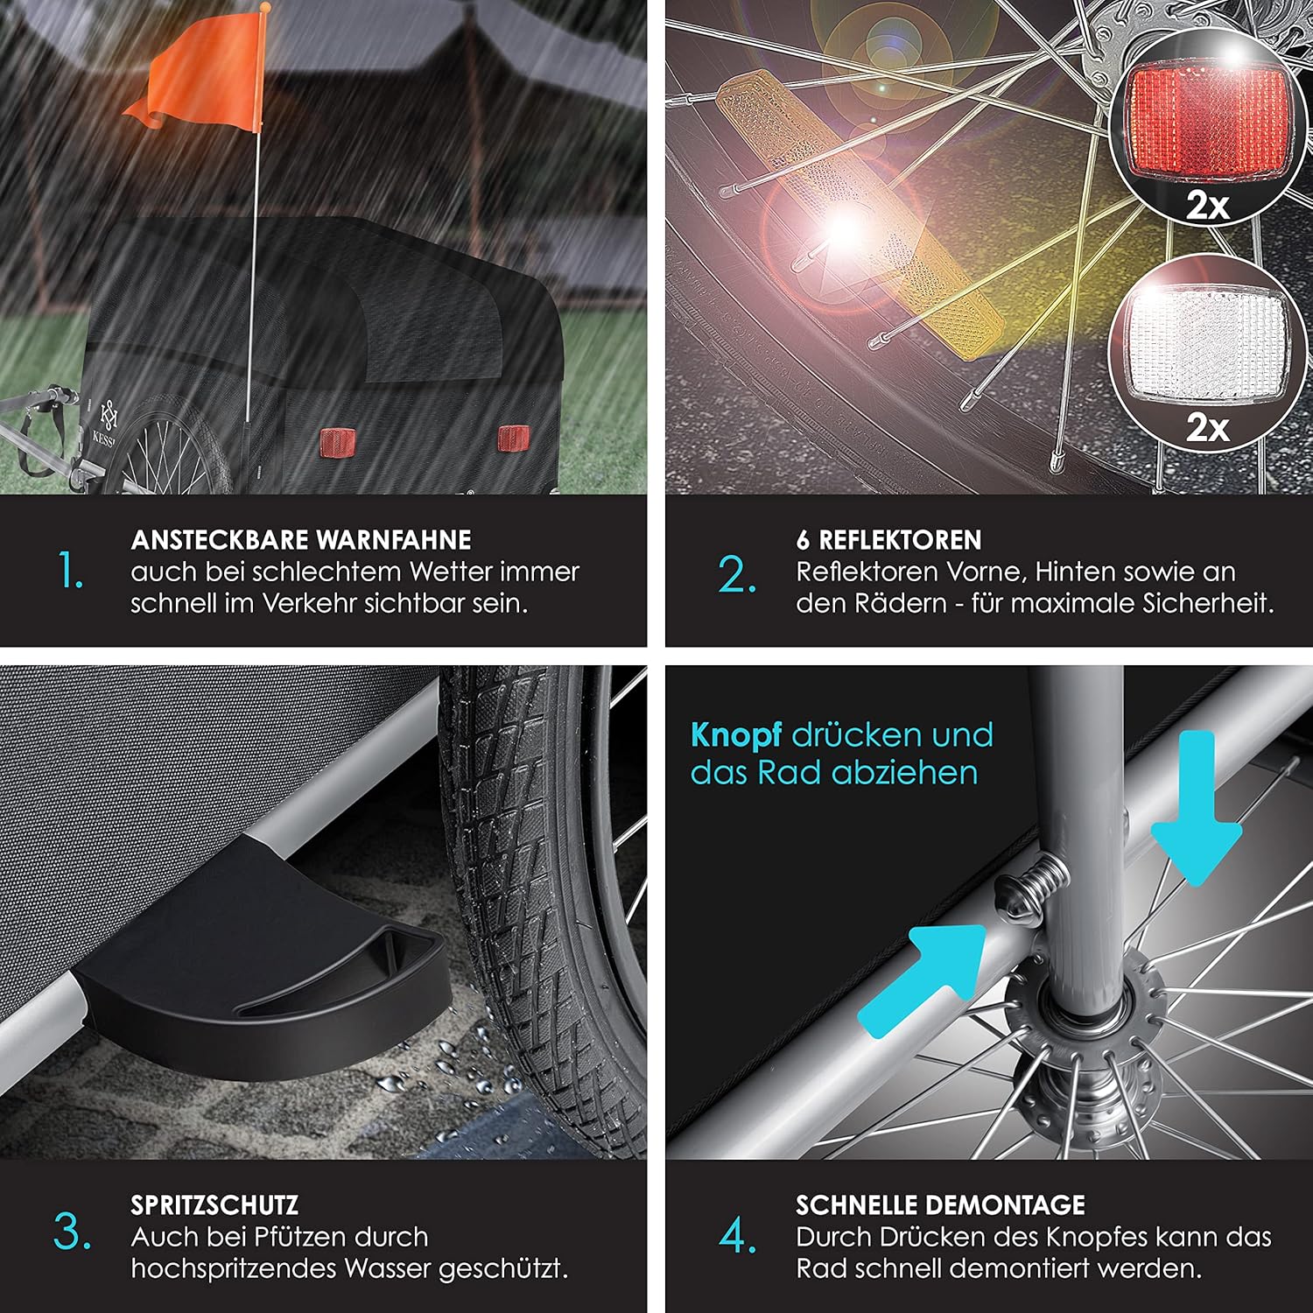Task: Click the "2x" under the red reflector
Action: [1208, 207]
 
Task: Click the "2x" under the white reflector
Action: [1208, 428]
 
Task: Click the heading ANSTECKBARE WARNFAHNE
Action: [301, 539]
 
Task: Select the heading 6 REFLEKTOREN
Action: [888, 539]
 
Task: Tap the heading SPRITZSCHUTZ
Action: [214, 1205]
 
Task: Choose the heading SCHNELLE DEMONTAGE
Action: [940, 1205]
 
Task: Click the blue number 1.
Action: [71, 572]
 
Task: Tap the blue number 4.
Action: [738, 1236]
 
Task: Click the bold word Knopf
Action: [735, 736]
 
